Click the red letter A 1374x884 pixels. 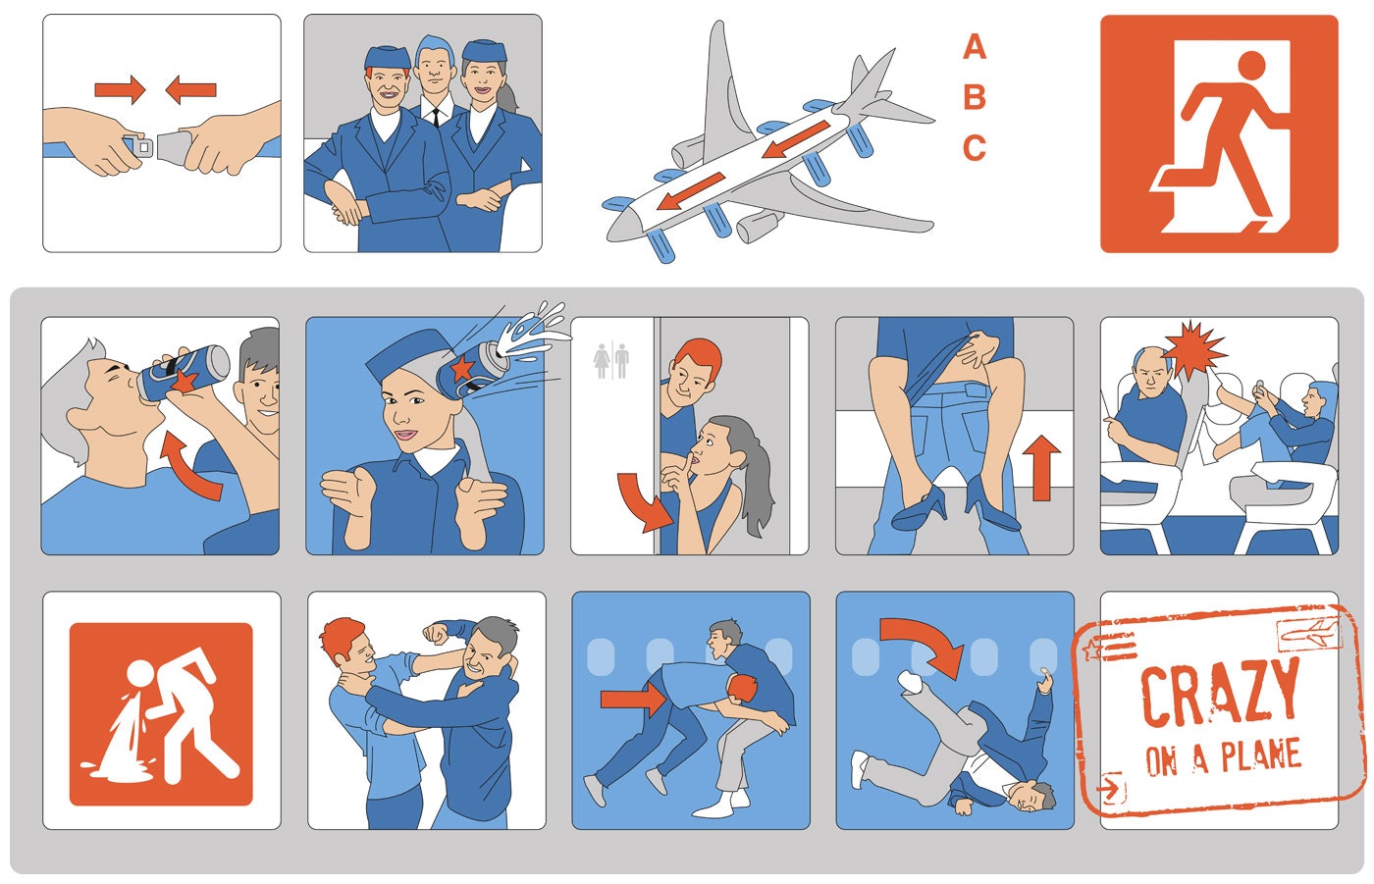pyautogui.click(x=975, y=46)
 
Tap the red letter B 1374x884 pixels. pyautogui.click(x=975, y=97)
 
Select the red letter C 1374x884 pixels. pyautogui.click(x=975, y=148)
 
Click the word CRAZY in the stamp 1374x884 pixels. pyautogui.click(x=1220, y=693)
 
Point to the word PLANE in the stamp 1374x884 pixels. pyautogui.click(x=1261, y=755)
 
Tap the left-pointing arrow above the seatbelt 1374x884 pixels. pyautogui.click(x=190, y=89)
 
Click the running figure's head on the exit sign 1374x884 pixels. pyautogui.click(x=1251, y=66)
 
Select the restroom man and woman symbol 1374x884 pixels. pyautogui.click(x=611, y=360)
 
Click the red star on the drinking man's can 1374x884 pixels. pyautogui.click(x=184, y=380)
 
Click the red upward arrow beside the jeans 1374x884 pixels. pyautogui.click(x=1041, y=468)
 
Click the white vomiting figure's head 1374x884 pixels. pyautogui.click(x=140, y=673)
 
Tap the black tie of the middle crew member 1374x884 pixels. pyautogui.click(x=436, y=117)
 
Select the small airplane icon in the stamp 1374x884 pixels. pyautogui.click(x=1309, y=634)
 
